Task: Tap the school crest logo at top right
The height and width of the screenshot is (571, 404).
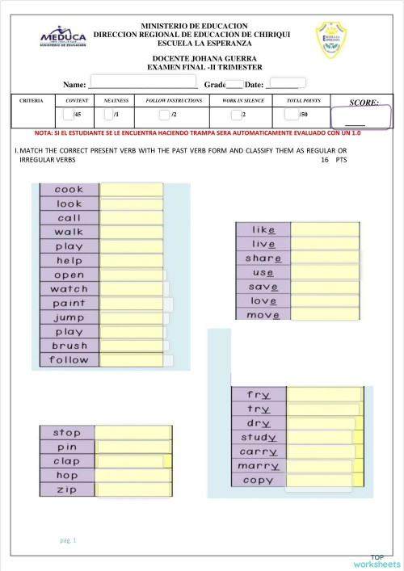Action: [332, 40]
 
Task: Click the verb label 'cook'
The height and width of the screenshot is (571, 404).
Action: [69, 190]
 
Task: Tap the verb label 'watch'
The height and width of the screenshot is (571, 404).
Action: [69, 289]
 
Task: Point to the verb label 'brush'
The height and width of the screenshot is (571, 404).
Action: [69, 346]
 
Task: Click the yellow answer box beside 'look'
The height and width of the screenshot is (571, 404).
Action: [131, 204]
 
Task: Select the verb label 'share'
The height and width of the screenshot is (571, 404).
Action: [263, 258]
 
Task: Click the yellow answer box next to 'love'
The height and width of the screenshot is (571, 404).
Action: [324, 300]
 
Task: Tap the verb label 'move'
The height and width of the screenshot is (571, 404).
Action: [263, 314]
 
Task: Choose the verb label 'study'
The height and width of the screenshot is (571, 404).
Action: [259, 438]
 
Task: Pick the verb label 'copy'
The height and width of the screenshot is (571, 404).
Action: [259, 480]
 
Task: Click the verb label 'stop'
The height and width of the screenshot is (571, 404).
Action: [67, 433]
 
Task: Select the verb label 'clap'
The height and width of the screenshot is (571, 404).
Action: [67, 461]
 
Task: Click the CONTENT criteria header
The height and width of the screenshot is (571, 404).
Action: [76, 101]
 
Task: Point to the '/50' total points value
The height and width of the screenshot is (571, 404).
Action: [303, 115]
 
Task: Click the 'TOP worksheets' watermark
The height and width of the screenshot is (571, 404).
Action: [377, 561]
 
